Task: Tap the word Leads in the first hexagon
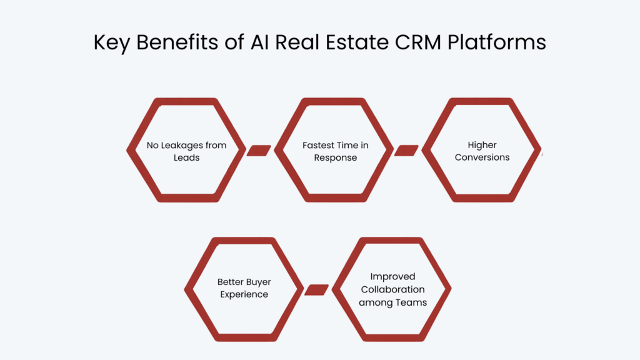click(187, 157)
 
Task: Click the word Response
click(336, 157)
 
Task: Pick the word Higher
click(482, 145)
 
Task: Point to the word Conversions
click(482, 157)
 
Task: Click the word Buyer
click(258, 282)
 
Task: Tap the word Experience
click(244, 294)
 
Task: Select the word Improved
click(392, 276)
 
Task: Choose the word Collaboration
click(392, 289)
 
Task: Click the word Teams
click(409, 302)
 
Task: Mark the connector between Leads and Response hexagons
click(259, 151)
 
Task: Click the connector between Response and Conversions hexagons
click(406, 151)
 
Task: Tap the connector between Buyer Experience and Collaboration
click(316, 290)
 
